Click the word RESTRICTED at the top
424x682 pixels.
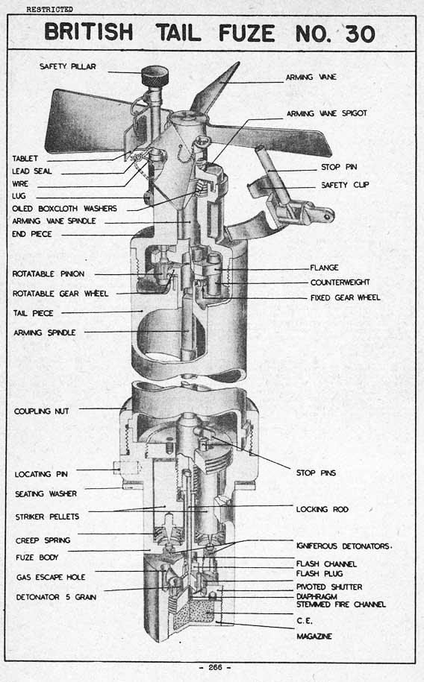click(x=49, y=9)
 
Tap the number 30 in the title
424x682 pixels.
click(x=360, y=34)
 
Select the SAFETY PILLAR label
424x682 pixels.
click(x=67, y=66)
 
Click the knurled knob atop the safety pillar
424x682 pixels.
click(x=155, y=77)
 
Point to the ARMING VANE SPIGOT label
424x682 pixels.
click(x=327, y=113)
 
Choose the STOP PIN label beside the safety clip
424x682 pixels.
click(x=339, y=167)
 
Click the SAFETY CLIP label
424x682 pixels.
click(x=345, y=185)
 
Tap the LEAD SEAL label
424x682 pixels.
click(x=32, y=171)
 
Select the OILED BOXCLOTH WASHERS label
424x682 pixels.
click(x=64, y=209)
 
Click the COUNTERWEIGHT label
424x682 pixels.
click(x=340, y=282)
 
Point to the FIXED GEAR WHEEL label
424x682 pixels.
click(x=345, y=297)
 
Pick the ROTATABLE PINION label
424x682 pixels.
click(x=49, y=274)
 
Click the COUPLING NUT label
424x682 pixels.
click(x=41, y=411)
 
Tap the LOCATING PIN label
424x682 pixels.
click(x=41, y=474)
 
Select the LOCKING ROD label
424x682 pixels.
click(x=322, y=509)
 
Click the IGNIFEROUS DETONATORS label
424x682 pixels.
click(x=344, y=546)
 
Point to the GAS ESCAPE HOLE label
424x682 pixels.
click(x=51, y=577)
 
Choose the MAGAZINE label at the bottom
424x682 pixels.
click(x=314, y=637)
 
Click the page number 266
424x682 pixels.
click(x=215, y=667)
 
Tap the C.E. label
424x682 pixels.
click(x=304, y=621)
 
